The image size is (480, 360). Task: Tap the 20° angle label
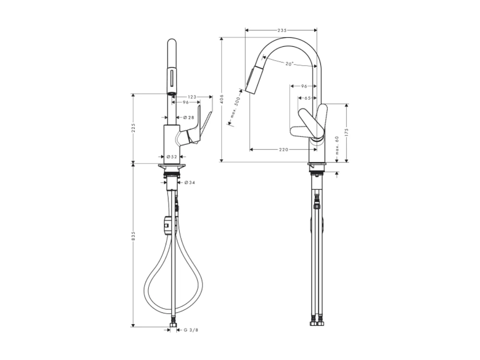click(x=289, y=64)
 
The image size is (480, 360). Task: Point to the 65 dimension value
click(x=307, y=98)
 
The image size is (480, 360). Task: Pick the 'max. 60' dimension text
click(x=337, y=145)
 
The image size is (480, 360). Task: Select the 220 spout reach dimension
click(x=283, y=149)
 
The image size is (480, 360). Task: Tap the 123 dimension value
click(x=192, y=97)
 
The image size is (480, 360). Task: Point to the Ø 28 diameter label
click(x=188, y=117)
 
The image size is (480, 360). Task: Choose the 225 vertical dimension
click(x=133, y=128)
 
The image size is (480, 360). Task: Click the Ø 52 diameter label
click(x=172, y=156)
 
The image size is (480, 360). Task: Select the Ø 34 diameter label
click(x=190, y=183)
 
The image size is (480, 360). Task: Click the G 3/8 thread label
click(x=191, y=330)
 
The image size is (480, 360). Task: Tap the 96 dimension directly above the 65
click(x=304, y=86)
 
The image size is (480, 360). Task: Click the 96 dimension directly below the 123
click(x=185, y=102)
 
